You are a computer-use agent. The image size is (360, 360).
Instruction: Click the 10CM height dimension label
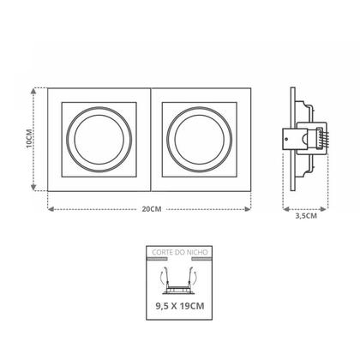coord(29,139)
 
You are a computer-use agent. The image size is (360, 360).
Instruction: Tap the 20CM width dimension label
coord(152,209)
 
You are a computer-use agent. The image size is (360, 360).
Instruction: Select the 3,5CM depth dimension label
coord(306,216)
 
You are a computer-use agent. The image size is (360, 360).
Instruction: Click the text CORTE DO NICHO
coord(180,252)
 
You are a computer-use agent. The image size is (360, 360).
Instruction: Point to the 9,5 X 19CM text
coord(180,306)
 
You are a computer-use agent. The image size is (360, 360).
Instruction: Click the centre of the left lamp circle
coord(99,140)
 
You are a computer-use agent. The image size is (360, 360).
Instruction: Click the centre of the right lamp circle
coord(200,140)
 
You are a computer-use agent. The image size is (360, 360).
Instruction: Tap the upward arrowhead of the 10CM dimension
coord(33,91)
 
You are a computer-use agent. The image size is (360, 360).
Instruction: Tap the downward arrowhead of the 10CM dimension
coord(33,188)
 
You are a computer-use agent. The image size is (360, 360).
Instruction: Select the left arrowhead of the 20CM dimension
coord(51,209)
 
